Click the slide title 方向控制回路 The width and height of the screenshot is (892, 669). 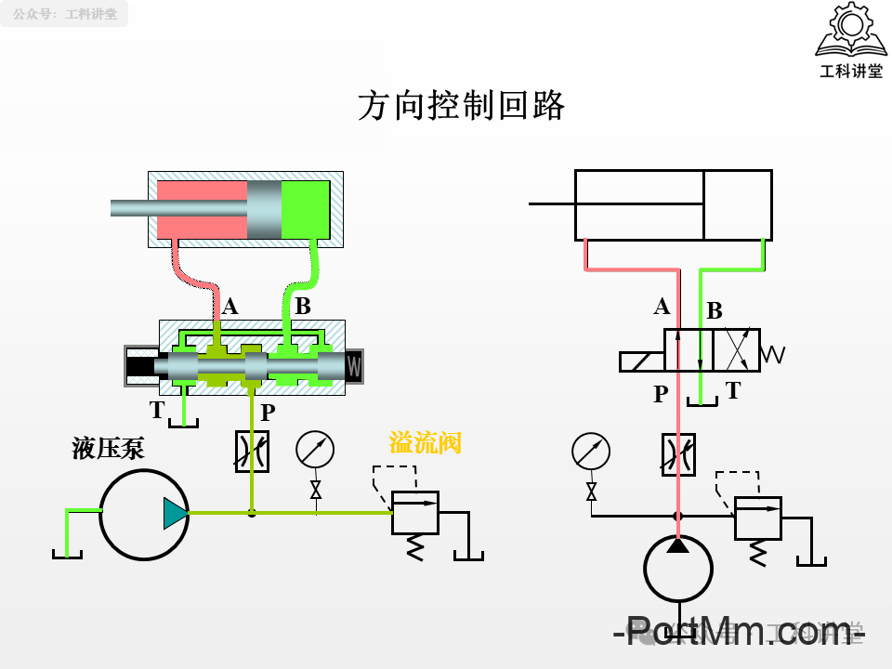tap(462, 106)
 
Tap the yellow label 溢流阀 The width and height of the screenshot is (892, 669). tap(425, 443)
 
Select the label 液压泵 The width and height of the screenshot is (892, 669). tap(109, 450)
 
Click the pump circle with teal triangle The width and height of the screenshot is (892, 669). tap(144, 514)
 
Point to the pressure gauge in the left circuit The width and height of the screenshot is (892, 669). tap(315, 450)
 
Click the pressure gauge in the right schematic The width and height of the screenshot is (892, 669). tap(591, 453)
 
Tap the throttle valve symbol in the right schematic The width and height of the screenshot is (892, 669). tap(678, 454)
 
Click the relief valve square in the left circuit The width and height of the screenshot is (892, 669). tap(414, 512)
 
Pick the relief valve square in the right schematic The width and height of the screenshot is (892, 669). tap(757, 518)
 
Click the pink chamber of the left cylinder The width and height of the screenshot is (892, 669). tap(202, 209)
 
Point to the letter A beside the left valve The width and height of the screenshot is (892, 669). tap(230, 307)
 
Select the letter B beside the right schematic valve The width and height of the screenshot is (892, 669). tap(714, 311)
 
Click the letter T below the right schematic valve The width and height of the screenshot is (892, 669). tap(733, 391)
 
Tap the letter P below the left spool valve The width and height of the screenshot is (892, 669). tap(268, 413)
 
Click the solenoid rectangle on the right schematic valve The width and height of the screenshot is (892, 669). tap(641, 361)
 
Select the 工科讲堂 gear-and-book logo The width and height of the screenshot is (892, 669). tap(849, 40)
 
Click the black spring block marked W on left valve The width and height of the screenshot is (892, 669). tap(354, 366)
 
